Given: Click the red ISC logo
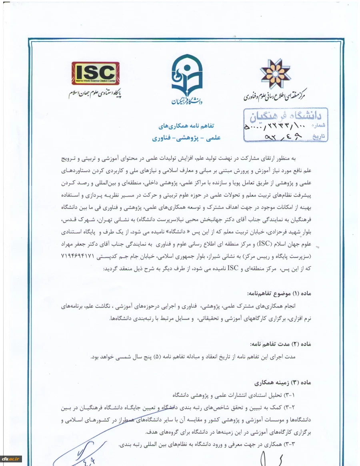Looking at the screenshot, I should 95,73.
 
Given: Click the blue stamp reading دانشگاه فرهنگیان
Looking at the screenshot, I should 285,116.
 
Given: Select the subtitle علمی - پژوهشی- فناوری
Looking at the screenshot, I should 186,139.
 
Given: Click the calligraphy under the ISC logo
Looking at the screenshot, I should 95,94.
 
